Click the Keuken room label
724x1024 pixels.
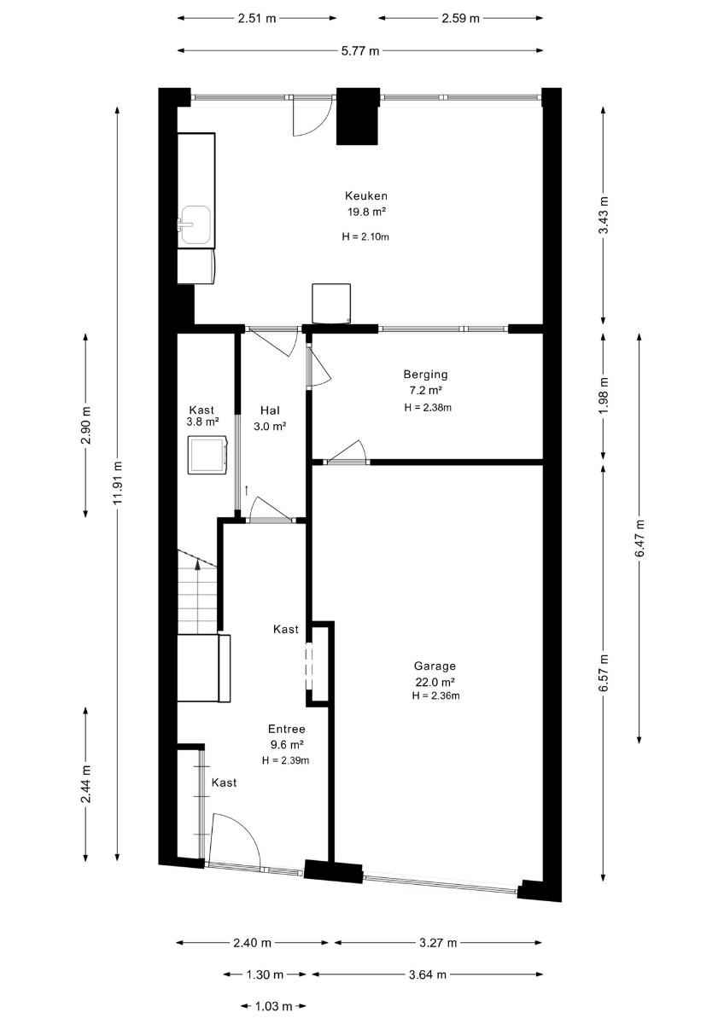coord(366,195)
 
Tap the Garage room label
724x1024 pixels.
coord(435,666)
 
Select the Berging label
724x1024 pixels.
coord(425,375)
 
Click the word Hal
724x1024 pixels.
coord(270,410)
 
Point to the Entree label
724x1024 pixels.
coord(286,729)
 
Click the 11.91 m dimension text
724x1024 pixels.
coord(119,483)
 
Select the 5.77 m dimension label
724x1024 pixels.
coord(360,50)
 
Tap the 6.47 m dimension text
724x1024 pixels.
coord(639,538)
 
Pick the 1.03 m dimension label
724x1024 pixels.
coord(273,1006)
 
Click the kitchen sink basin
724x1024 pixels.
coord(196,224)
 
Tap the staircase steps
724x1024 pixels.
coord(197,592)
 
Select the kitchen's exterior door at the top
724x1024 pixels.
coord(311,116)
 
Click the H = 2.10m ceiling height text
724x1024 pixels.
coord(365,237)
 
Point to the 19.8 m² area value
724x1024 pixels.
coord(366,212)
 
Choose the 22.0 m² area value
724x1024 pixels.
coord(435,682)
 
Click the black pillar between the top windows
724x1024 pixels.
coord(358,117)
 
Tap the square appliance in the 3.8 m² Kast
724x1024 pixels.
coord(208,455)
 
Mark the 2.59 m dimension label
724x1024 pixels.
coord(460,18)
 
